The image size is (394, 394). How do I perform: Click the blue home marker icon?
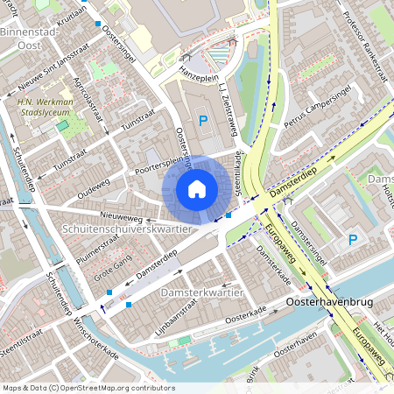[x=197, y=188]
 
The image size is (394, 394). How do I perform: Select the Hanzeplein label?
[x=197, y=77]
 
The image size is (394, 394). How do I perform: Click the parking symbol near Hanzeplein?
[x=203, y=120]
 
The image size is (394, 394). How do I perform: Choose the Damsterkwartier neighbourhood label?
[x=200, y=291]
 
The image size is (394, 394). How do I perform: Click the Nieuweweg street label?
[x=121, y=212]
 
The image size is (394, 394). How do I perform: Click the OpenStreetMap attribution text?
[x=88, y=387]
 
